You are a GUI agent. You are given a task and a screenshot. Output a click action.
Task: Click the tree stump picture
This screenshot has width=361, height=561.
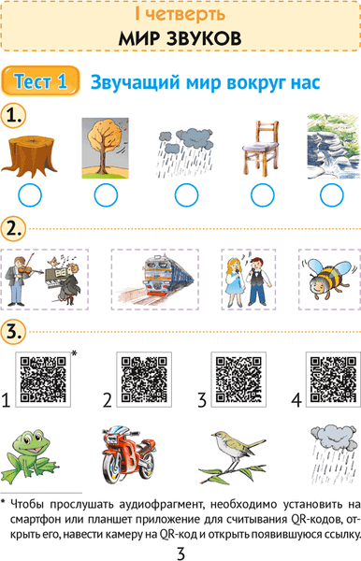[29, 155]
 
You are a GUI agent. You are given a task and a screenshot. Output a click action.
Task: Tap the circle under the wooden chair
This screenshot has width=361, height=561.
[263, 195]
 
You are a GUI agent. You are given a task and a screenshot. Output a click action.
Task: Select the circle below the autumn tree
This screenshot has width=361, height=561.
[106, 195]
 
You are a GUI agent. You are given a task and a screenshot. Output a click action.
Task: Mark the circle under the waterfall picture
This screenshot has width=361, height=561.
[332, 195]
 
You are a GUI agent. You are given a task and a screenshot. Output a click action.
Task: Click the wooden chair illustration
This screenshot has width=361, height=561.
[261, 149]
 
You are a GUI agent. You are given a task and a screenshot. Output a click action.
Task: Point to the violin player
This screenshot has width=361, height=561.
[21, 280]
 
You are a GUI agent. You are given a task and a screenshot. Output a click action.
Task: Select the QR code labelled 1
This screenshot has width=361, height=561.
[43, 380]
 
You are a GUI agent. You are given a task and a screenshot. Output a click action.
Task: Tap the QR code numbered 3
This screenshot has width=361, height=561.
[238, 380]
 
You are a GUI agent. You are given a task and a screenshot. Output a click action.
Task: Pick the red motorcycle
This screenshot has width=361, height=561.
[129, 453]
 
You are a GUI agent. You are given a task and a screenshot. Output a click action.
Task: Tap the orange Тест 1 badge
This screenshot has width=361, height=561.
[40, 81]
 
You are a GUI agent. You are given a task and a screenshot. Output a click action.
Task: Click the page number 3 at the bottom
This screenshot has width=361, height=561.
[181, 554]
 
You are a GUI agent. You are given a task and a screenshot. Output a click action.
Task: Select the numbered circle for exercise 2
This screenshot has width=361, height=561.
[14, 229]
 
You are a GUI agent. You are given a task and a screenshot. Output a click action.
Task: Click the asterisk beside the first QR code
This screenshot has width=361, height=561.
[74, 353]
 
